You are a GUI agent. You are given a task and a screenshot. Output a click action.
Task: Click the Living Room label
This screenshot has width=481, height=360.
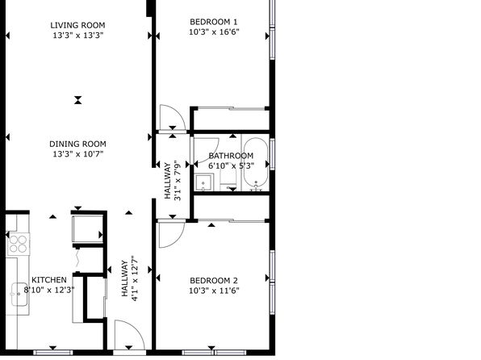[x=77, y=25]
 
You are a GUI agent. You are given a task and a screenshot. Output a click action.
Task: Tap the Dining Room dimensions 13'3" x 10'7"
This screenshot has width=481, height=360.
[x=78, y=153]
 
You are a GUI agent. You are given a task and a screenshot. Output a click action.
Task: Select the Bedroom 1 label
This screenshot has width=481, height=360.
[x=214, y=22]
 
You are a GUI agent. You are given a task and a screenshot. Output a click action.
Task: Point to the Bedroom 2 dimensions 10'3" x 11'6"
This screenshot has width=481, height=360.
[x=214, y=291]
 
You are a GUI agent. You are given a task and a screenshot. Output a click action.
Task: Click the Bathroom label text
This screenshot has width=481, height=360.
[x=231, y=156]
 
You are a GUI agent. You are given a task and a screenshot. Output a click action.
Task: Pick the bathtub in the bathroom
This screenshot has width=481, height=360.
[x=256, y=163]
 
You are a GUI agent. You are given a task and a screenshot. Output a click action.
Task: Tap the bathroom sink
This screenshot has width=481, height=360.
[x=204, y=182]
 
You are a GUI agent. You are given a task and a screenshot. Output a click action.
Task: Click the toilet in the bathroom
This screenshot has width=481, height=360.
[x=228, y=179]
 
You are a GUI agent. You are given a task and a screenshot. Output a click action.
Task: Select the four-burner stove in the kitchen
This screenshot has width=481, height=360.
[x=19, y=244]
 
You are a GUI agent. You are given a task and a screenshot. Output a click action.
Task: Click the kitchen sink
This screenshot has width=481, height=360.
[x=19, y=295]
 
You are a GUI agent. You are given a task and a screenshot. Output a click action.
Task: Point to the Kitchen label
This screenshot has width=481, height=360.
[x=49, y=280]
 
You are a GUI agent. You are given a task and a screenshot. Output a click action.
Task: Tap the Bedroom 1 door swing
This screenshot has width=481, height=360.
[x=173, y=118]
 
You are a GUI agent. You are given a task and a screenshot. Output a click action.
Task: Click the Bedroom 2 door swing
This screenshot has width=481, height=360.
[x=172, y=235]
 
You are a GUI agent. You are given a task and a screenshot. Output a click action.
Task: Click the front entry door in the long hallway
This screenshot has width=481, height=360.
[x=129, y=335]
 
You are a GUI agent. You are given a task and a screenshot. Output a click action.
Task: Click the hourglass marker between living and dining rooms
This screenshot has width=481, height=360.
[x=78, y=100]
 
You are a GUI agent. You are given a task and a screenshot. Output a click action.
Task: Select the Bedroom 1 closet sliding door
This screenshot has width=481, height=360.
[x=232, y=108]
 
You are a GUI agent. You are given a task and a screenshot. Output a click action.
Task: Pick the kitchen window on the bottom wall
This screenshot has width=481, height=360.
[x=53, y=352]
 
